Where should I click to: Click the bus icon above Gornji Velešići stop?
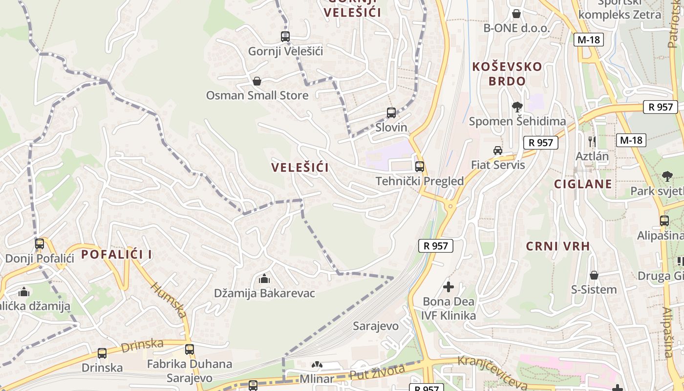285,37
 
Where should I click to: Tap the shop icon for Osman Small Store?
256,81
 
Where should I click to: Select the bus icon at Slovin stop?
391,113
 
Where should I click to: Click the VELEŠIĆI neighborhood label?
300,168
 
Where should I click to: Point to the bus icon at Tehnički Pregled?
419,167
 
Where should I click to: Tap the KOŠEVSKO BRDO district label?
507,74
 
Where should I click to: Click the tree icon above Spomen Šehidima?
517,107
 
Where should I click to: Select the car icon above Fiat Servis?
497,150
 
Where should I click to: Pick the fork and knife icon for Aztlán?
592,142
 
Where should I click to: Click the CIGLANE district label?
583,184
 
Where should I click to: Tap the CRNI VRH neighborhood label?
558,246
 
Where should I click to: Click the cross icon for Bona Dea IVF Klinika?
448,287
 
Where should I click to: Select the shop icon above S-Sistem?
594,275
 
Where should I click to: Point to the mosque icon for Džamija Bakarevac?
264,279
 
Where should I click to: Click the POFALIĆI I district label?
117,254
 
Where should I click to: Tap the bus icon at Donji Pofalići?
40,243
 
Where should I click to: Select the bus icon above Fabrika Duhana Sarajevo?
190,349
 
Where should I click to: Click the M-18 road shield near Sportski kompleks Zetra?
588,40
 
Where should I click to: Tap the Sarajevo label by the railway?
376,326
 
